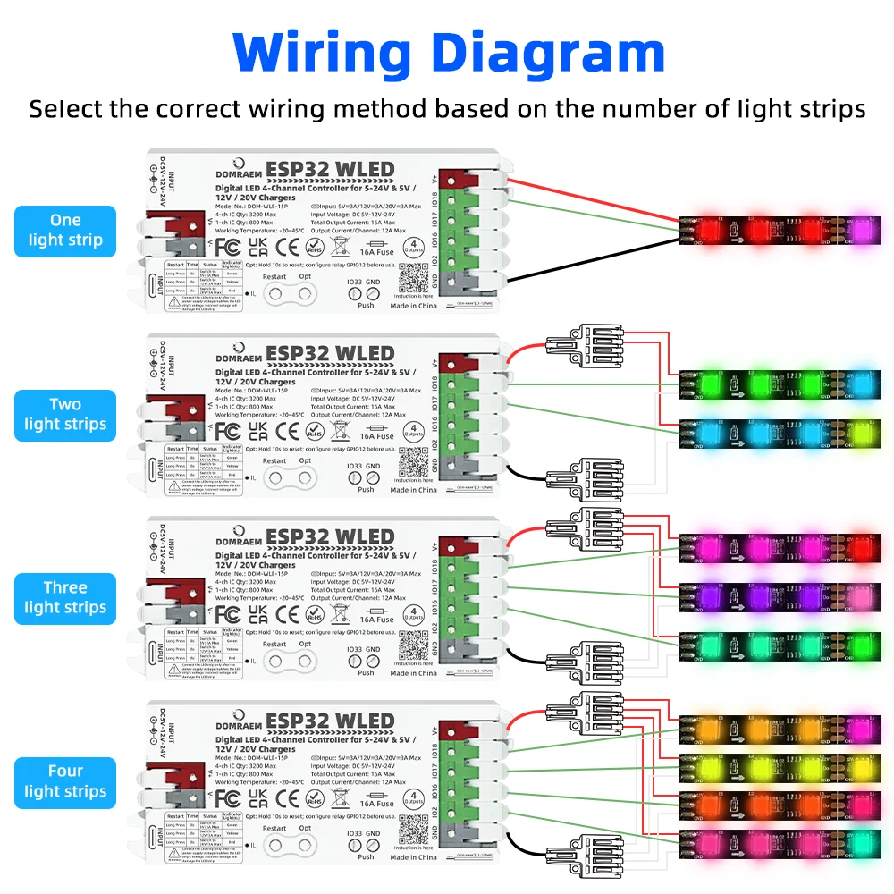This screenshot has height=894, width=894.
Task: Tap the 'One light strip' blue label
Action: (x=65, y=230)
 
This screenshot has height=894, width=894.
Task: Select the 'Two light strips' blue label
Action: (x=65, y=415)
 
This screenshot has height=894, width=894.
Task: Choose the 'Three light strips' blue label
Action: (x=65, y=598)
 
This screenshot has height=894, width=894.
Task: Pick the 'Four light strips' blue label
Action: (x=65, y=781)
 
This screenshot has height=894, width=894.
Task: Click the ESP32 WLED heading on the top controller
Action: (x=330, y=170)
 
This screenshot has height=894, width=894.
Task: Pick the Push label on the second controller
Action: (x=367, y=489)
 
